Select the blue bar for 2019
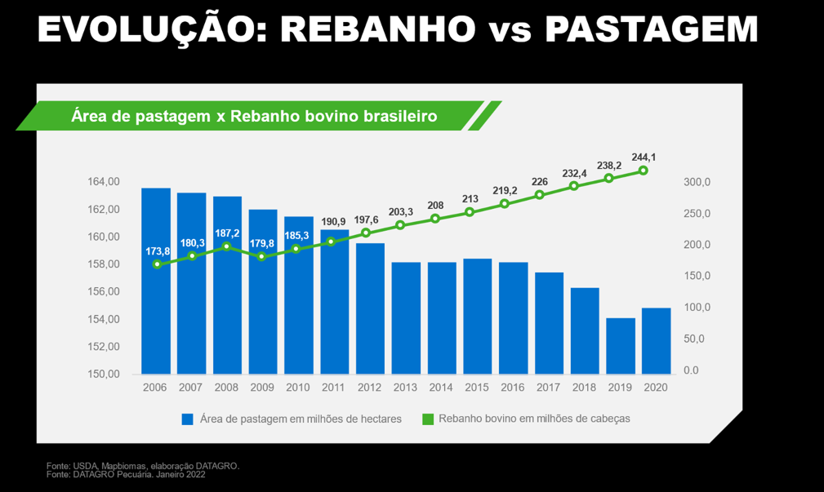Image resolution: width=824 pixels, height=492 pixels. pos(621,346)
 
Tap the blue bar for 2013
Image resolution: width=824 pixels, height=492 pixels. pos(406,318)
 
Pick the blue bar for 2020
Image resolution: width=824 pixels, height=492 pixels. pos(656,341)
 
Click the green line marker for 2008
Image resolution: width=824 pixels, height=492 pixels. pos(227,246)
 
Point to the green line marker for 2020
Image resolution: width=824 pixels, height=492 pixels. pos(644,171)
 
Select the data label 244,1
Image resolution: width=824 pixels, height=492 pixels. pos(644,157)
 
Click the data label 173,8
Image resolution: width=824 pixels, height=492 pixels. pos(156,251)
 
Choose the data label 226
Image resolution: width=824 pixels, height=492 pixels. pos(540,182)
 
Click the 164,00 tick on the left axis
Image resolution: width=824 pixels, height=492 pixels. pos(104,182)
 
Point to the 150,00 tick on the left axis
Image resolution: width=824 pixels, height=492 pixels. pos(104,375)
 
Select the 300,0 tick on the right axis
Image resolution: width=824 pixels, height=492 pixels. pos(697,182)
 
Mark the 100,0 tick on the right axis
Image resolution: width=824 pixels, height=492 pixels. pos(697,308)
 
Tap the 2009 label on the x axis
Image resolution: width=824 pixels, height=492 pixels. pos(262,388)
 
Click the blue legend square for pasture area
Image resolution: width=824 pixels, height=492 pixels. pos(187,419)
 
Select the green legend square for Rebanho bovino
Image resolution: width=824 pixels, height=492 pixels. pos(426,419)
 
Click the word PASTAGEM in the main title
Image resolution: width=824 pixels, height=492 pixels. pos(651,30)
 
